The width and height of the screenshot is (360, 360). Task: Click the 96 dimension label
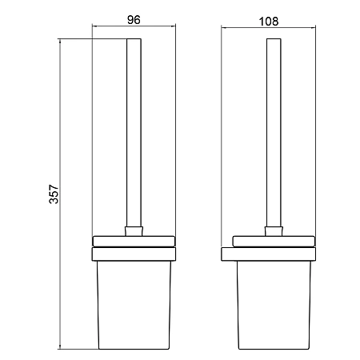[134, 20]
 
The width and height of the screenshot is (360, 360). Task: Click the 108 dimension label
[269, 22]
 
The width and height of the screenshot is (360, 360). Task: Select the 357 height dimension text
[54, 194]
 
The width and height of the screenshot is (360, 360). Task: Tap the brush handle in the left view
[134, 133]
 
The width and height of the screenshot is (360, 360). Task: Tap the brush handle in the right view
[274, 133]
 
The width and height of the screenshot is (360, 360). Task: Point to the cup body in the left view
[134, 305]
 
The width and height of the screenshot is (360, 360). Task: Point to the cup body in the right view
[274, 305]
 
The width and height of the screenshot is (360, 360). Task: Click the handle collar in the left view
[134, 231]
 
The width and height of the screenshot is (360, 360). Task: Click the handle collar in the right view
[274, 231]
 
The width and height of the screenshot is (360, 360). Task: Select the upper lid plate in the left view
[134, 241]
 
